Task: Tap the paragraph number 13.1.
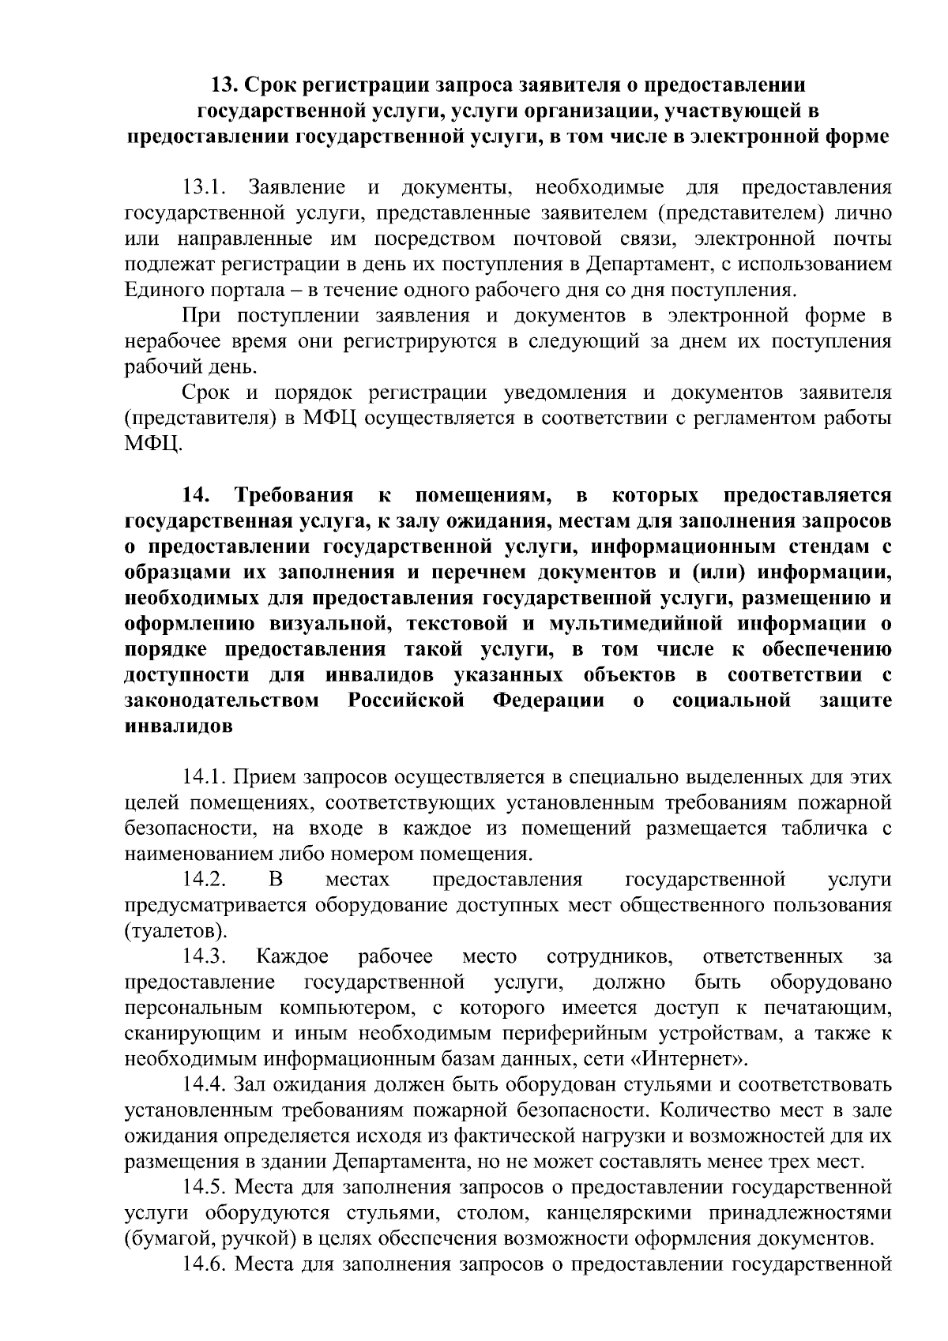coord(205,188)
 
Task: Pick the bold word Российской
coord(406,701)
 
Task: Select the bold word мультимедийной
coord(634,624)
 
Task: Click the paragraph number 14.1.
coord(205,777)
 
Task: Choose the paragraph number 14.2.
coord(205,880)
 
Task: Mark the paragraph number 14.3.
coord(205,956)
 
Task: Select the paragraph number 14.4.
coord(205,1084)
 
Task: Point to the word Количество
coord(716,1110)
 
